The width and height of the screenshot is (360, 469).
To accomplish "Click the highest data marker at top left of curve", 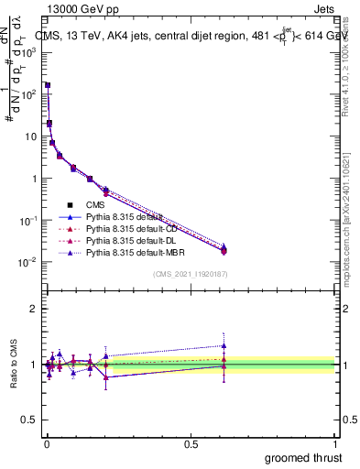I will coord(48,85).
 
